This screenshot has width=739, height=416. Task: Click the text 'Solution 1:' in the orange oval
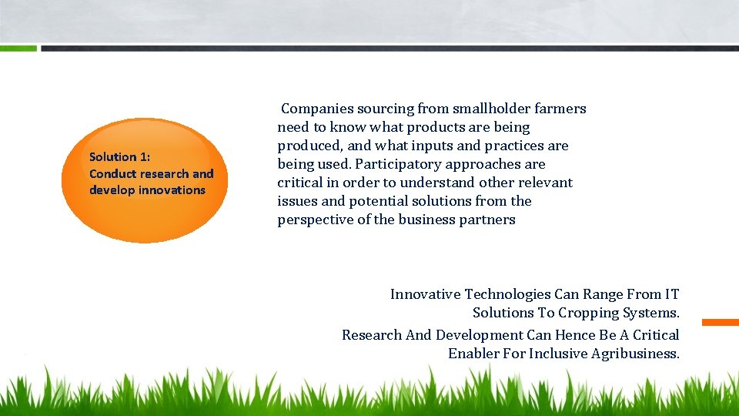click(x=120, y=157)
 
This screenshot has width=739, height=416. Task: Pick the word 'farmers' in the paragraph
click(x=560, y=109)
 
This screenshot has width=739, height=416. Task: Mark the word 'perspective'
click(x=314, y=220)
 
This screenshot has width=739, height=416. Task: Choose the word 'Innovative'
click(x=425, y=294)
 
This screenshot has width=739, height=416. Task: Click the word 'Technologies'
click(x=507, y=294)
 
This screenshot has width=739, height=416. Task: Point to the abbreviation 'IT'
click(x=672, y=294)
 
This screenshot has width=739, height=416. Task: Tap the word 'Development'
click(x=479, y=335)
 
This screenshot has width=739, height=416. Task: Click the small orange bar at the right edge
click(x=720, y=322)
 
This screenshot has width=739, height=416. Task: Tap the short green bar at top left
click(x=18, y=48)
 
